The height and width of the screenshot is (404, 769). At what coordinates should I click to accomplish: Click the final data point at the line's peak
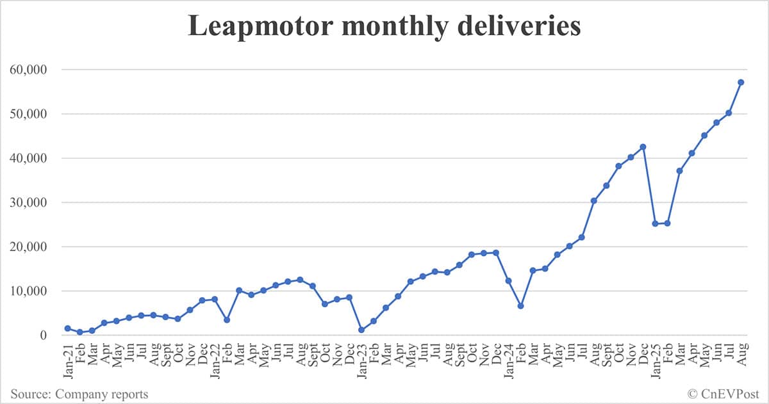click(x=741, y=82)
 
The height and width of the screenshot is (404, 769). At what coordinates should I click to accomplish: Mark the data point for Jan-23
click(x=361, y=330)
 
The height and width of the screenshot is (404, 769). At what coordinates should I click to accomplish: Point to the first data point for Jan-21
click(x=67, y=328)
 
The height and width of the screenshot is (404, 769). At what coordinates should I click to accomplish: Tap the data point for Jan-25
click(x=655, y=223)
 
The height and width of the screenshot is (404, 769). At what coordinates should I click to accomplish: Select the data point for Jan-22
click(x=215, y=299)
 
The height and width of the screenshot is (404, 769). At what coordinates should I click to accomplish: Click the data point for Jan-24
click(x=508, y=280)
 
